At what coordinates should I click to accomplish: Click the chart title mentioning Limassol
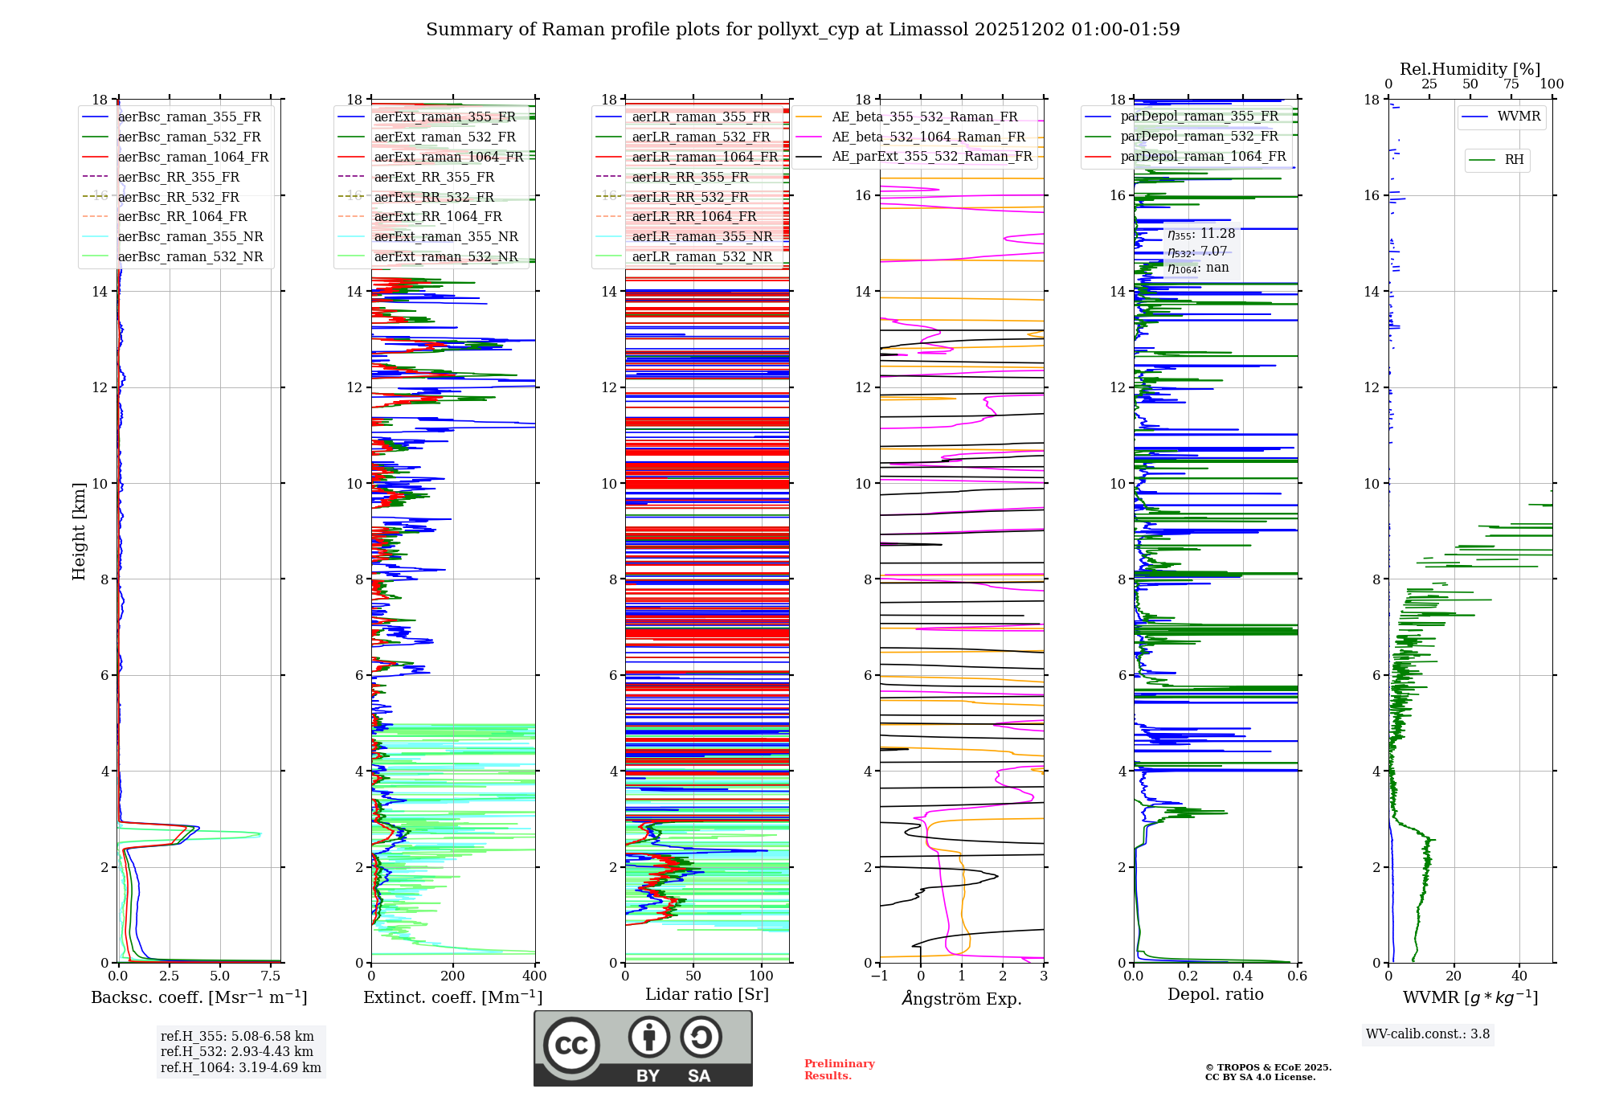[803, 30]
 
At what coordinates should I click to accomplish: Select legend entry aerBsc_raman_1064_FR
[193, 157]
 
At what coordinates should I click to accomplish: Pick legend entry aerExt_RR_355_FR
[434, 177]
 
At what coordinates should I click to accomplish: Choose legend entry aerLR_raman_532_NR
[701, 256]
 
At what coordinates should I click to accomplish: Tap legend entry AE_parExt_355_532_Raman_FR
[931, 156]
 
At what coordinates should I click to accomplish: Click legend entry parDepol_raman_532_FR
[1199, 136]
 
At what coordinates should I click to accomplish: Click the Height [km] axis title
[79, 530]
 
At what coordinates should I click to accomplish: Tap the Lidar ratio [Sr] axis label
[707, 994]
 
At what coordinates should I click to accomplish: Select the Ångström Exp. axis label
[962, 998]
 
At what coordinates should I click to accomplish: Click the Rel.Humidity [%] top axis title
[1470, 69]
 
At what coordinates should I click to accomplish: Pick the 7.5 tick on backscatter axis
[271, 976]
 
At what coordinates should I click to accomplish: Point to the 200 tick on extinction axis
[453, 976]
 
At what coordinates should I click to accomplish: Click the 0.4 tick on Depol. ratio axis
[1243, 976]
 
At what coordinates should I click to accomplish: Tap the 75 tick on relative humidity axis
[1511, 84]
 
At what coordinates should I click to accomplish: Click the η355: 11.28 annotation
[1201, 234]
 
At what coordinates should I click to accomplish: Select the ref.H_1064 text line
[240, 1067]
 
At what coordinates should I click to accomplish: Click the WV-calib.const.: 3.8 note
[1428, 1034]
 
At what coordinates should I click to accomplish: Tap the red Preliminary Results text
[839, 1069]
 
